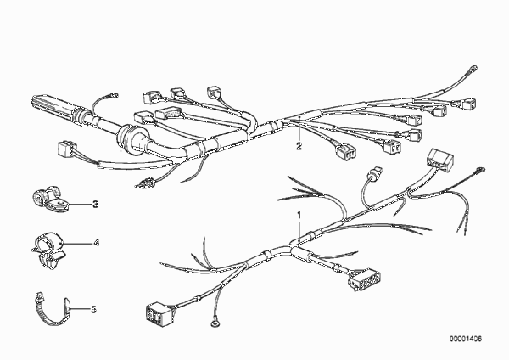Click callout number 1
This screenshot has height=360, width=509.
click(x=299, y=216)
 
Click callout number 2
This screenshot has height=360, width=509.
click(x=299, y=146)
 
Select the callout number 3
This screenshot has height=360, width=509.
click(x=95, y=205)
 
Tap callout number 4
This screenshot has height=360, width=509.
click(x=97, y=242)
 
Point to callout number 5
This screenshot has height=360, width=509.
click(x=93, y=309)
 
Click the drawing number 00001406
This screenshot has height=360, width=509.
click(x=466, y=339)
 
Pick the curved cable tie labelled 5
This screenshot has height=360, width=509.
click(x=53, y=310)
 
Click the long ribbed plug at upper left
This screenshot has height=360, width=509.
click(x=54, y=108)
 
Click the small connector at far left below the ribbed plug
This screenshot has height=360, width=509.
click(x=66, y=149)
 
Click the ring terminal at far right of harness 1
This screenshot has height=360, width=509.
click(x=479, y=170)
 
